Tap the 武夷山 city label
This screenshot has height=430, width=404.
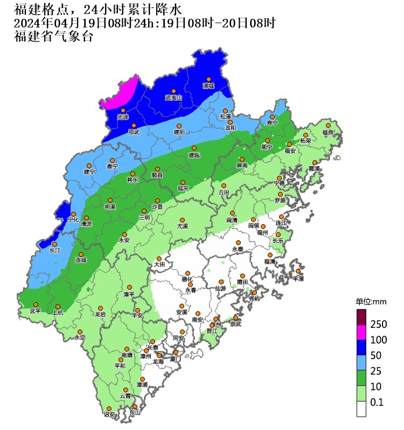(x=173, y=98)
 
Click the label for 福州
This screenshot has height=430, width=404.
(x=262, y=233)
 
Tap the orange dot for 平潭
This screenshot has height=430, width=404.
(x=298, y=271)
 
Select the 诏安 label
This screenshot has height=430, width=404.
(x=109, y=414)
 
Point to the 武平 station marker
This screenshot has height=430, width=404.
(x=36, y=304)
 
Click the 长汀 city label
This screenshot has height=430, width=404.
(x=55, y=250)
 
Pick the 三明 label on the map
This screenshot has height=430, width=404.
(x=144, y=218)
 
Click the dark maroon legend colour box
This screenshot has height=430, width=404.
(x=361, y=317)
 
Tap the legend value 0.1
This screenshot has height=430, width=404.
(x=377, y=402)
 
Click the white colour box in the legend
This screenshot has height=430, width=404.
(x=361, y=409)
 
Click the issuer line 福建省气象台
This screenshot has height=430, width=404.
(x=53, y=37)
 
